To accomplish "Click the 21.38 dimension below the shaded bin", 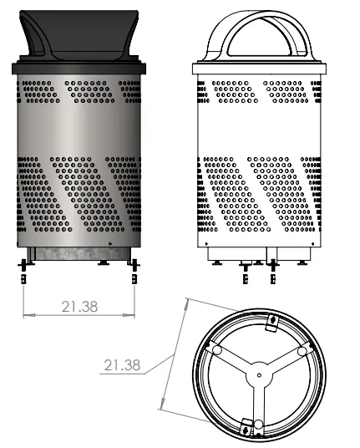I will pyautogui.click(x=79, y=307).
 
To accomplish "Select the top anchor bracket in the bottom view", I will pyautogui.click(x=272, y=319).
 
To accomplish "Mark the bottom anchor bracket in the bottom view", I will pyautogui.click(x=247, y=428).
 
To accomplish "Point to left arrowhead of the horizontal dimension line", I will pyautogui.click(x=26, y=315).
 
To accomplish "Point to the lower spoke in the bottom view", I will pyautogui.click(x=259, y=401).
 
